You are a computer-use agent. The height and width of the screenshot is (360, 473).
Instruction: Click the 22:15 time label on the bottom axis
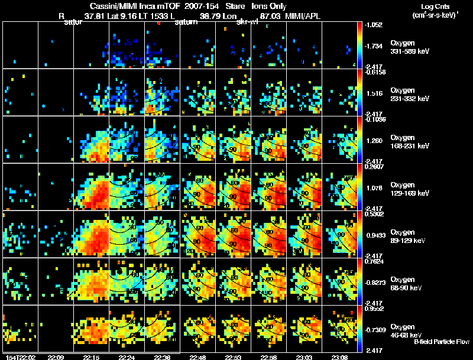[x=92, y=357]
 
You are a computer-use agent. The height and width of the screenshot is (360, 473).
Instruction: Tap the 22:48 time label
[x=198, y=357]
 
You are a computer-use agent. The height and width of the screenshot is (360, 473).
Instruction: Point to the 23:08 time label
[x=340, y=357]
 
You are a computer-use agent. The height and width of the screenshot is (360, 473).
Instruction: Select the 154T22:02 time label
[x=19, y=357]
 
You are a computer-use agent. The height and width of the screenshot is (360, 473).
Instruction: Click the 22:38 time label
[x=163, y=357]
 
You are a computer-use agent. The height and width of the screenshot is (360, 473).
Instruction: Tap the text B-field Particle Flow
[x=442, y=342]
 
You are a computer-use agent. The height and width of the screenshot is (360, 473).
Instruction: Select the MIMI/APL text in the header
[x=302, y=16]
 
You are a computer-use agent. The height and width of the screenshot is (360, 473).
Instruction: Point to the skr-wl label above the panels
[x=247, y=22]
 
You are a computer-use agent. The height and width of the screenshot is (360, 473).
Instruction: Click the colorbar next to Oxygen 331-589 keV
[x=361, y=46]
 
